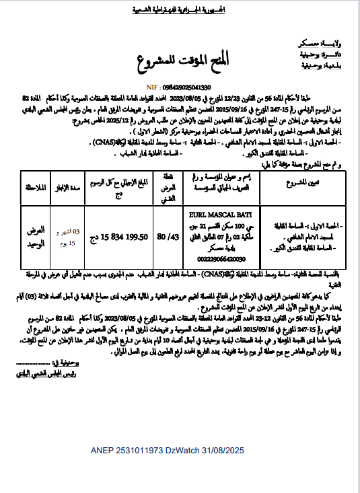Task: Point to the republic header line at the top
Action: pos(180,10)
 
